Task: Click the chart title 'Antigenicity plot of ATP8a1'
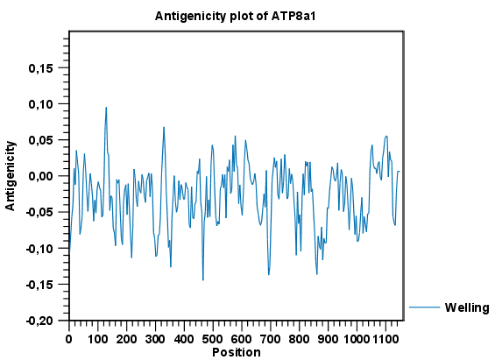point(235,16)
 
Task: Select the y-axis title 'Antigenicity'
point(11,176)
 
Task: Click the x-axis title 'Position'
point(236,352)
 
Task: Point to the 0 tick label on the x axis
point(69,338)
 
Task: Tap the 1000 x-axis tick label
point(357,338)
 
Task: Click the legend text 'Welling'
point(467,307)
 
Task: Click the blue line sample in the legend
point(424,307)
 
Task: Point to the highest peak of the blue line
point(106,108)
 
